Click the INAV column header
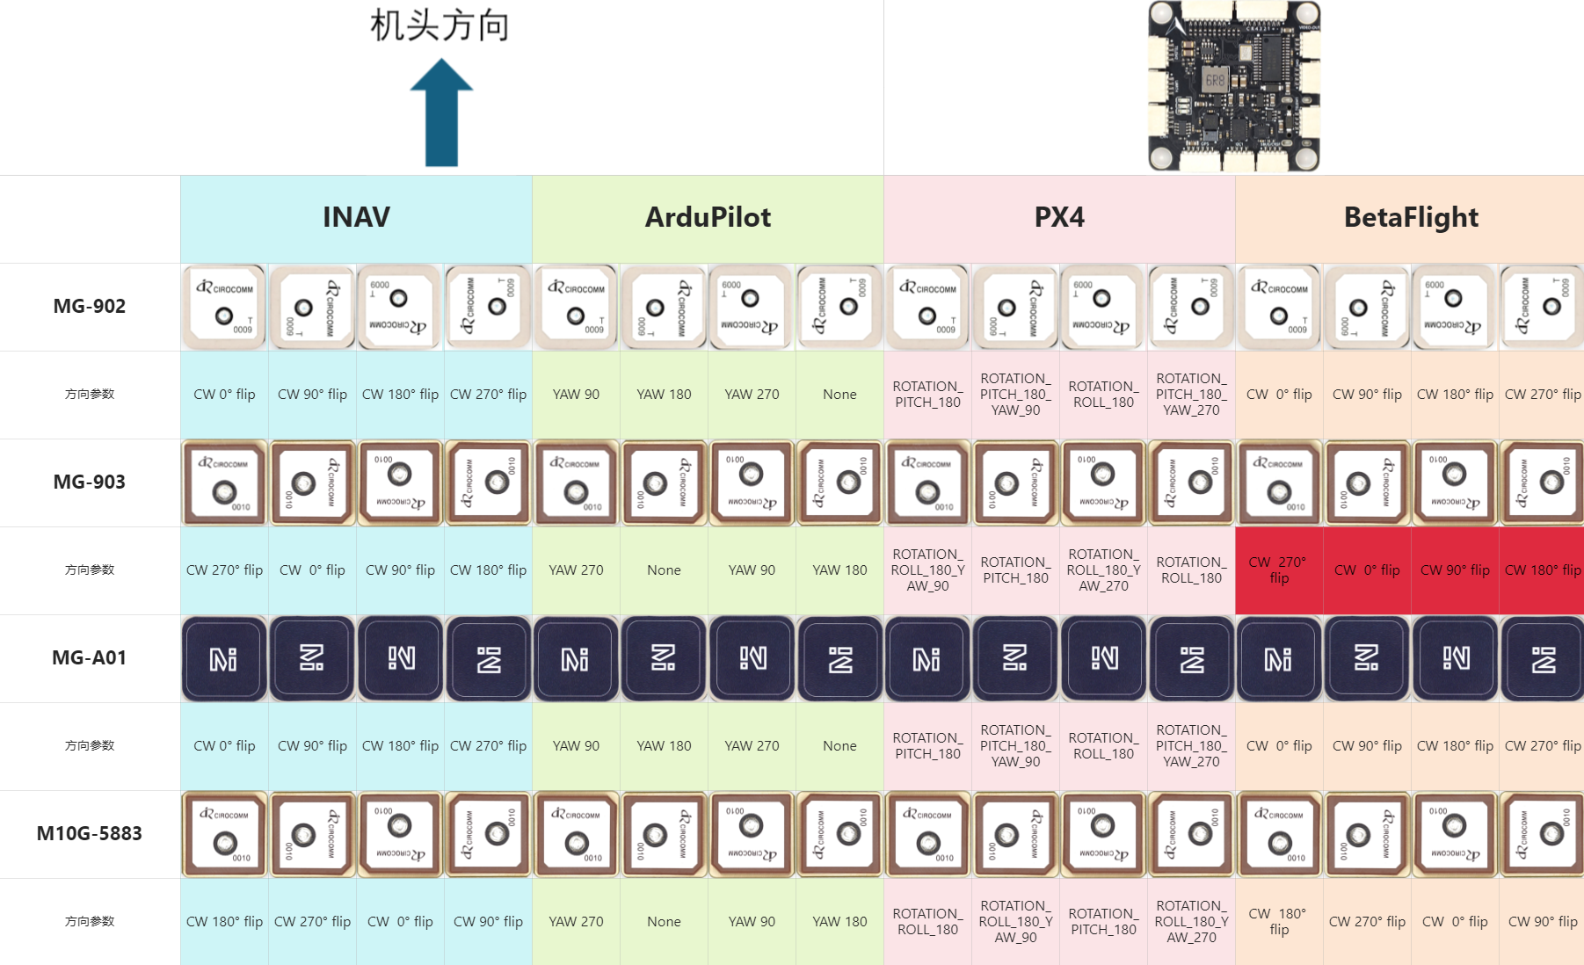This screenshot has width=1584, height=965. (356, 218)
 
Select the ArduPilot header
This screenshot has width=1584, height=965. (708, 218)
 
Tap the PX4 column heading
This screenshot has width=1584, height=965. (1059, 218)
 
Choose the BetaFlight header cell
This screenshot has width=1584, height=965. (1411, 218)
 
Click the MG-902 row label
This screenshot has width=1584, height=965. (90, 307)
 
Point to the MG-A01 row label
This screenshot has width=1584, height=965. (90, 658)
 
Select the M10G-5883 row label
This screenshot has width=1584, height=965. (90, 834)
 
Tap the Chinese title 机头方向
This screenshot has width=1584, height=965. (440, 25)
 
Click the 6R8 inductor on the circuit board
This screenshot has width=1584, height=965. (1214, 80)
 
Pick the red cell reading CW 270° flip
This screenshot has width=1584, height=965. (1278, 570)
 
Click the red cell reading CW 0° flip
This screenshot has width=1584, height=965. (1367, 570)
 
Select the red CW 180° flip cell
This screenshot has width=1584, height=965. (1543, 570)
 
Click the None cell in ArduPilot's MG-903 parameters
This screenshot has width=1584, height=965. (664, 570)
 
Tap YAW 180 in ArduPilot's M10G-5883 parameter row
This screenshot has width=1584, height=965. (839, 922)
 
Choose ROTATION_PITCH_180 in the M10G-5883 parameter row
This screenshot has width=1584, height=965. (1103, 922)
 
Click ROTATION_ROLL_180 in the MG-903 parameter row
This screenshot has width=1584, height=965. (1191, 570)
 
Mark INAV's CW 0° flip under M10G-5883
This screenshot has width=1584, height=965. (400, 922)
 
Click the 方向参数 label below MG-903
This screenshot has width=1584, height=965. (90, 570)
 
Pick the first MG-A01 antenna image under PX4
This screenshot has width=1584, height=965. (927, 658)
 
